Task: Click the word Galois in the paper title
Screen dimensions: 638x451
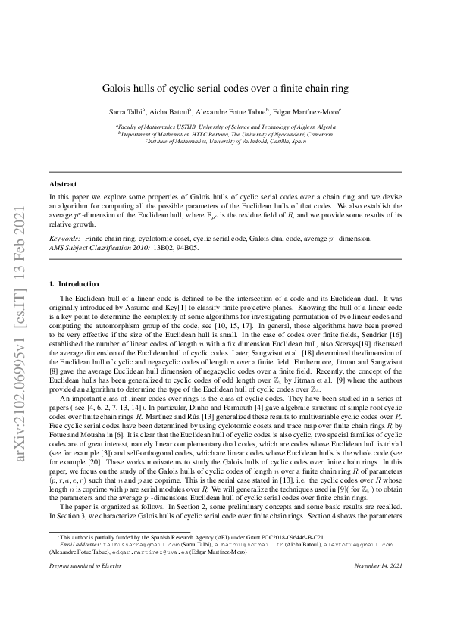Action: (117, 88)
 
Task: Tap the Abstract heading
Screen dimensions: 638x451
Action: (62, 184)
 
